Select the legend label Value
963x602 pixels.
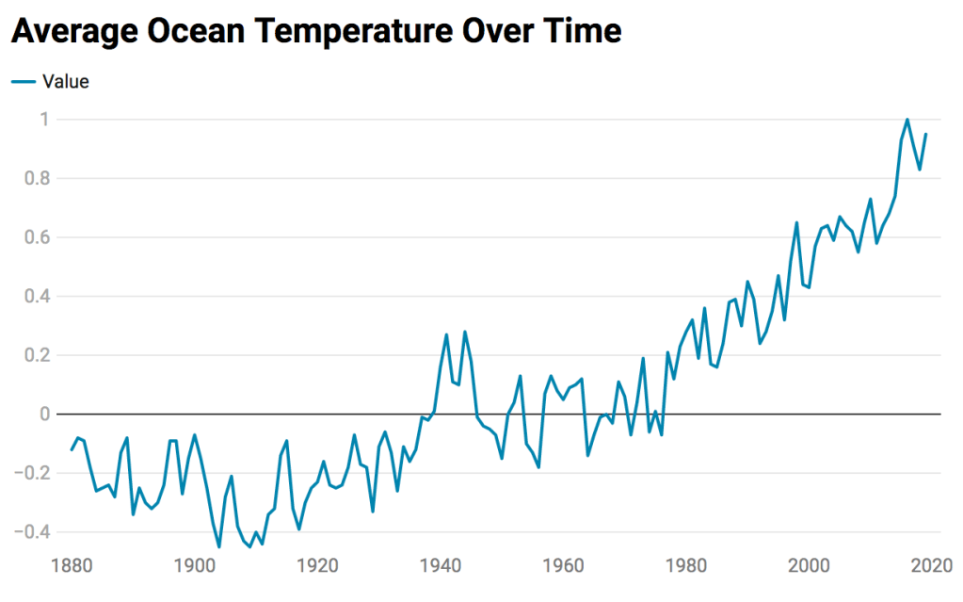pos(66,82)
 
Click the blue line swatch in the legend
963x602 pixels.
pos(24,82)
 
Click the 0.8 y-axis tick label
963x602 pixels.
pos(38,178)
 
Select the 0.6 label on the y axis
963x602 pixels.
pos(38,237)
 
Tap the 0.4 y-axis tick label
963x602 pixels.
pos(38,296)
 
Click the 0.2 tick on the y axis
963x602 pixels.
pos(38,355)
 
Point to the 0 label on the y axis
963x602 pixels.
pos(43,415)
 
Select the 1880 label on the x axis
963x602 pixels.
pos(72,566)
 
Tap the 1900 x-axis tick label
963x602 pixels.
pos(195,566)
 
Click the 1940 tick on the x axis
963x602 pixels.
pos(441,566)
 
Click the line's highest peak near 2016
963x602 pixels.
pos(907,120)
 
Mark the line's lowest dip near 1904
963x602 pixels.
pos(219,546)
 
